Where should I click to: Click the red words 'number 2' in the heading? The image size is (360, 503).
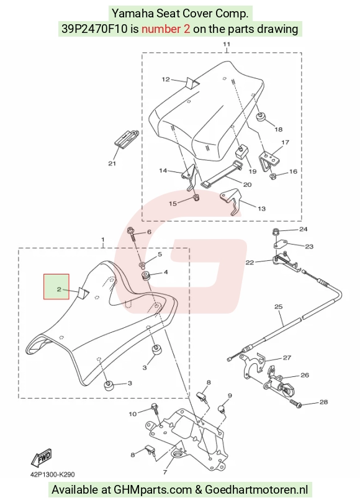[166, 29]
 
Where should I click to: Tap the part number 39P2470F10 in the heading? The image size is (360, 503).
[95, 29]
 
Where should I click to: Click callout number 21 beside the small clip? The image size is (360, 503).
[112, 163]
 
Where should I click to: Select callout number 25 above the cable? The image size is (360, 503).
[278, 307]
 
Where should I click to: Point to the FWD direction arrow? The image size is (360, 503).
[42, 457]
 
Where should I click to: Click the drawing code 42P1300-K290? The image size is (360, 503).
[53, 474]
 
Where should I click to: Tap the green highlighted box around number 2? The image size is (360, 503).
[56, 286]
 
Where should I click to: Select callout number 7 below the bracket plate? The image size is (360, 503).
[165, 472]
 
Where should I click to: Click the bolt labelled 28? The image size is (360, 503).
[295, 402]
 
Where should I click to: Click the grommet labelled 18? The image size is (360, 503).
[259, 117]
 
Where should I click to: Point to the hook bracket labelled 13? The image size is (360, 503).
[231, 201]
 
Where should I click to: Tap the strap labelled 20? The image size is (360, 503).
[220, 175]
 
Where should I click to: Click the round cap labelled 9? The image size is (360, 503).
[220, 409]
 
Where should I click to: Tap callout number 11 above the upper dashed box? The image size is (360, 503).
[227, 44]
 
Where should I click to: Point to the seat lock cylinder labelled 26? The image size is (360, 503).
[278, 384]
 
